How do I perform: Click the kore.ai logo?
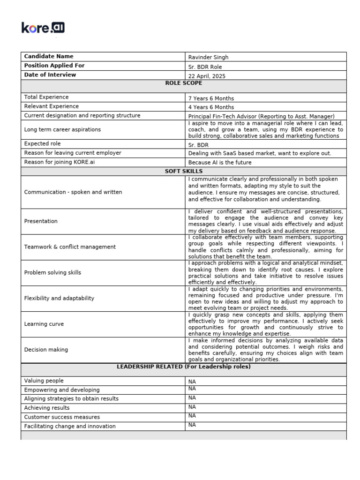[x=43, y=28]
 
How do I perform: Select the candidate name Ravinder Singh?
[x=208, y=57]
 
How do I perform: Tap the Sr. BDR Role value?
[x=205, y=67]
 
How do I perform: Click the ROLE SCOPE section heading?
[x=184, y=83]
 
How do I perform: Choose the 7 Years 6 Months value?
[x=211, y=98]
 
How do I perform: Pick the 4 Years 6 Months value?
[x=211, y=107]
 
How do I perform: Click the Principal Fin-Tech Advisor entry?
[x=261, y=116]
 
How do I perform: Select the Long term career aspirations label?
[x=62, y=129]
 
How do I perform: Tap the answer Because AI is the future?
[x=220, y=163]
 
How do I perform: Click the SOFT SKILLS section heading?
[x=184, y=172]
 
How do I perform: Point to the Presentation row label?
[x=41, y=221]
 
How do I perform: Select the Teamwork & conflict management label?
[x=70, y=247]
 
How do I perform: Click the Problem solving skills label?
[x=52, y=272]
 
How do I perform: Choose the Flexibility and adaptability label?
[x=59, y=298]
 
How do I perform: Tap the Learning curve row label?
[x=44, y=324]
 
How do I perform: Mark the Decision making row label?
[x=46, y=350]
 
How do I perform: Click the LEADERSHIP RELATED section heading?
[x=184, y=367]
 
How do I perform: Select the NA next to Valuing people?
[x=192, y=382]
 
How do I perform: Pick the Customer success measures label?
[x=62, y=417]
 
